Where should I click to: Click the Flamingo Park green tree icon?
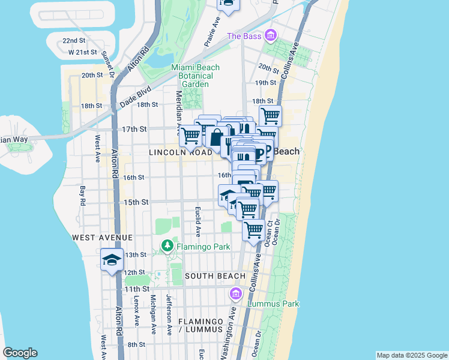pyautogui.click(x=168, y=245)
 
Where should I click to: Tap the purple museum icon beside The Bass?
pyautogui.click(x=271, y=37)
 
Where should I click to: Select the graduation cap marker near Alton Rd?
pyautogui.click(x=112, y=260)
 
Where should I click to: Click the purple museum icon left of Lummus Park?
pyautogui.click(x=235, y=294)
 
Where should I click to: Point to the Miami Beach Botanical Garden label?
pyautogui.click(x=195, y=76)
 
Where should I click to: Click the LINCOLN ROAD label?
pyautogui.click(x=181, y=153)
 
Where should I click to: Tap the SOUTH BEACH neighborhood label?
pyautogui.click(x=215, y=276)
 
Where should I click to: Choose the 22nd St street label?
pyautogui.click(x=73, y=41)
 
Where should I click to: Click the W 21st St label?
pyautogui.click(x=83, y=52)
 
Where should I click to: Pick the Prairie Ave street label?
pyautogui.click(x=212, y=32)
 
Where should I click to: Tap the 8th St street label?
pyautogui.click(x=136, y=344)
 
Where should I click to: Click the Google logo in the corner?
pyautogui.click(x=20, y=353)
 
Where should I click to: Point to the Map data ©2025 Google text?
pyautogui.click(x=411, y=355)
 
